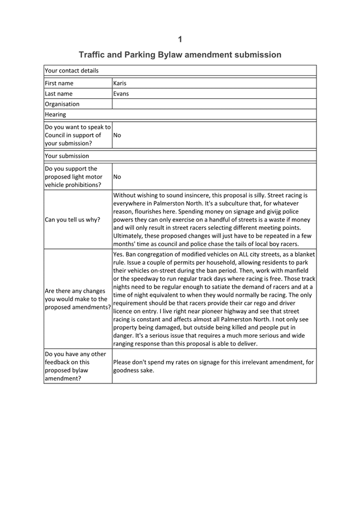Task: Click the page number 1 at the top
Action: tap(180, 39)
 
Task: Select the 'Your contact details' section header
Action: tap(71, 71)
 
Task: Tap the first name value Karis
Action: tap(120, 83)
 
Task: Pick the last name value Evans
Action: tap(121, 94)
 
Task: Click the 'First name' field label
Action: tap(59, 83)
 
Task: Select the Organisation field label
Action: tap(62, 104)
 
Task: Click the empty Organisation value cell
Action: tap(214, 104)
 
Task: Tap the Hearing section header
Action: tap(55, 114)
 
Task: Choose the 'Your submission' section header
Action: tap(66, 156)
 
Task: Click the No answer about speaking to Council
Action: tap(117, 135)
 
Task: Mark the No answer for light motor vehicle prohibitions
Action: tap(117, 177)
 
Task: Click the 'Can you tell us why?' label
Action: tap(73, 219)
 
